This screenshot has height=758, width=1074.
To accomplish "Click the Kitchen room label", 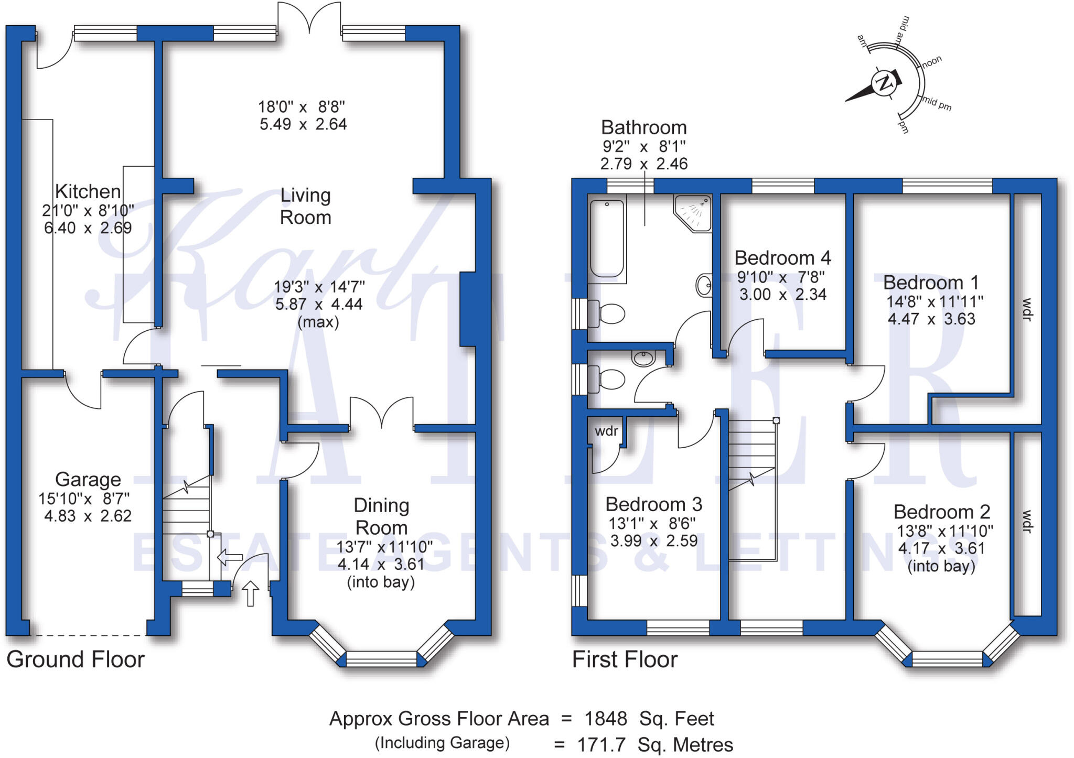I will click(x=88, y=191).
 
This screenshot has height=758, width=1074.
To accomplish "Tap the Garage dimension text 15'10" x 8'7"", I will click(x=84, y=498).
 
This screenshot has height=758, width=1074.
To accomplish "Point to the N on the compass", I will click(x=885, y=83).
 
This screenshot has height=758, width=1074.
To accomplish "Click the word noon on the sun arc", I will click(x=932, y=61).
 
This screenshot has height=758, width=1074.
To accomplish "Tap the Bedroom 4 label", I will click(x=782, y=258).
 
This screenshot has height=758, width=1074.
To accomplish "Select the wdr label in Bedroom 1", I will click(x=1027, y=309).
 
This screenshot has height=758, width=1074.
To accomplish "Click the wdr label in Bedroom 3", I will click(x=606, y=431).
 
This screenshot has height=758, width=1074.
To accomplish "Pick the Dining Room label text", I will click(x=381, y=516).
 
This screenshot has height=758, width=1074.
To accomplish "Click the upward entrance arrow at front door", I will click(x=251, y=593).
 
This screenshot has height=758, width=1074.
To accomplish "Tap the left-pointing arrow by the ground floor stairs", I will click(x=230, y=557).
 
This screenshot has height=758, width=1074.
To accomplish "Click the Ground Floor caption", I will click(x=76, y=659).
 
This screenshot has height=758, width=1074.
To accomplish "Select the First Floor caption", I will click(x=625, y=659).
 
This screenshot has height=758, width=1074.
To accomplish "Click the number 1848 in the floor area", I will click(x=606, y=719).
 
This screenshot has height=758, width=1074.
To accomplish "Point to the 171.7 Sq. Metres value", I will click(x=654, y=744).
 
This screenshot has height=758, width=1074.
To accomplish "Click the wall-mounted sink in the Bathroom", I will click(x=704, y=286).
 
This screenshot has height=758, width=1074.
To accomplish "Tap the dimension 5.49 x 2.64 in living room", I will click(x=303, y=124).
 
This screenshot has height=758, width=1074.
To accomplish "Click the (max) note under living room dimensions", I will click(x=318, y=322).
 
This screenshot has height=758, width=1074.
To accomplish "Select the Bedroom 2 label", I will click(x=942, y=512).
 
